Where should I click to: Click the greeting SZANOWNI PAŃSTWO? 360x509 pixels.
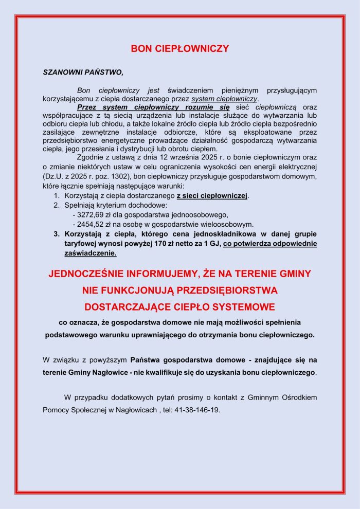(83, 72)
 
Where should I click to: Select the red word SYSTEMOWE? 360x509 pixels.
(242, 307)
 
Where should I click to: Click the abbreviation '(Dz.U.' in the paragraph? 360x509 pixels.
(54, 176)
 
